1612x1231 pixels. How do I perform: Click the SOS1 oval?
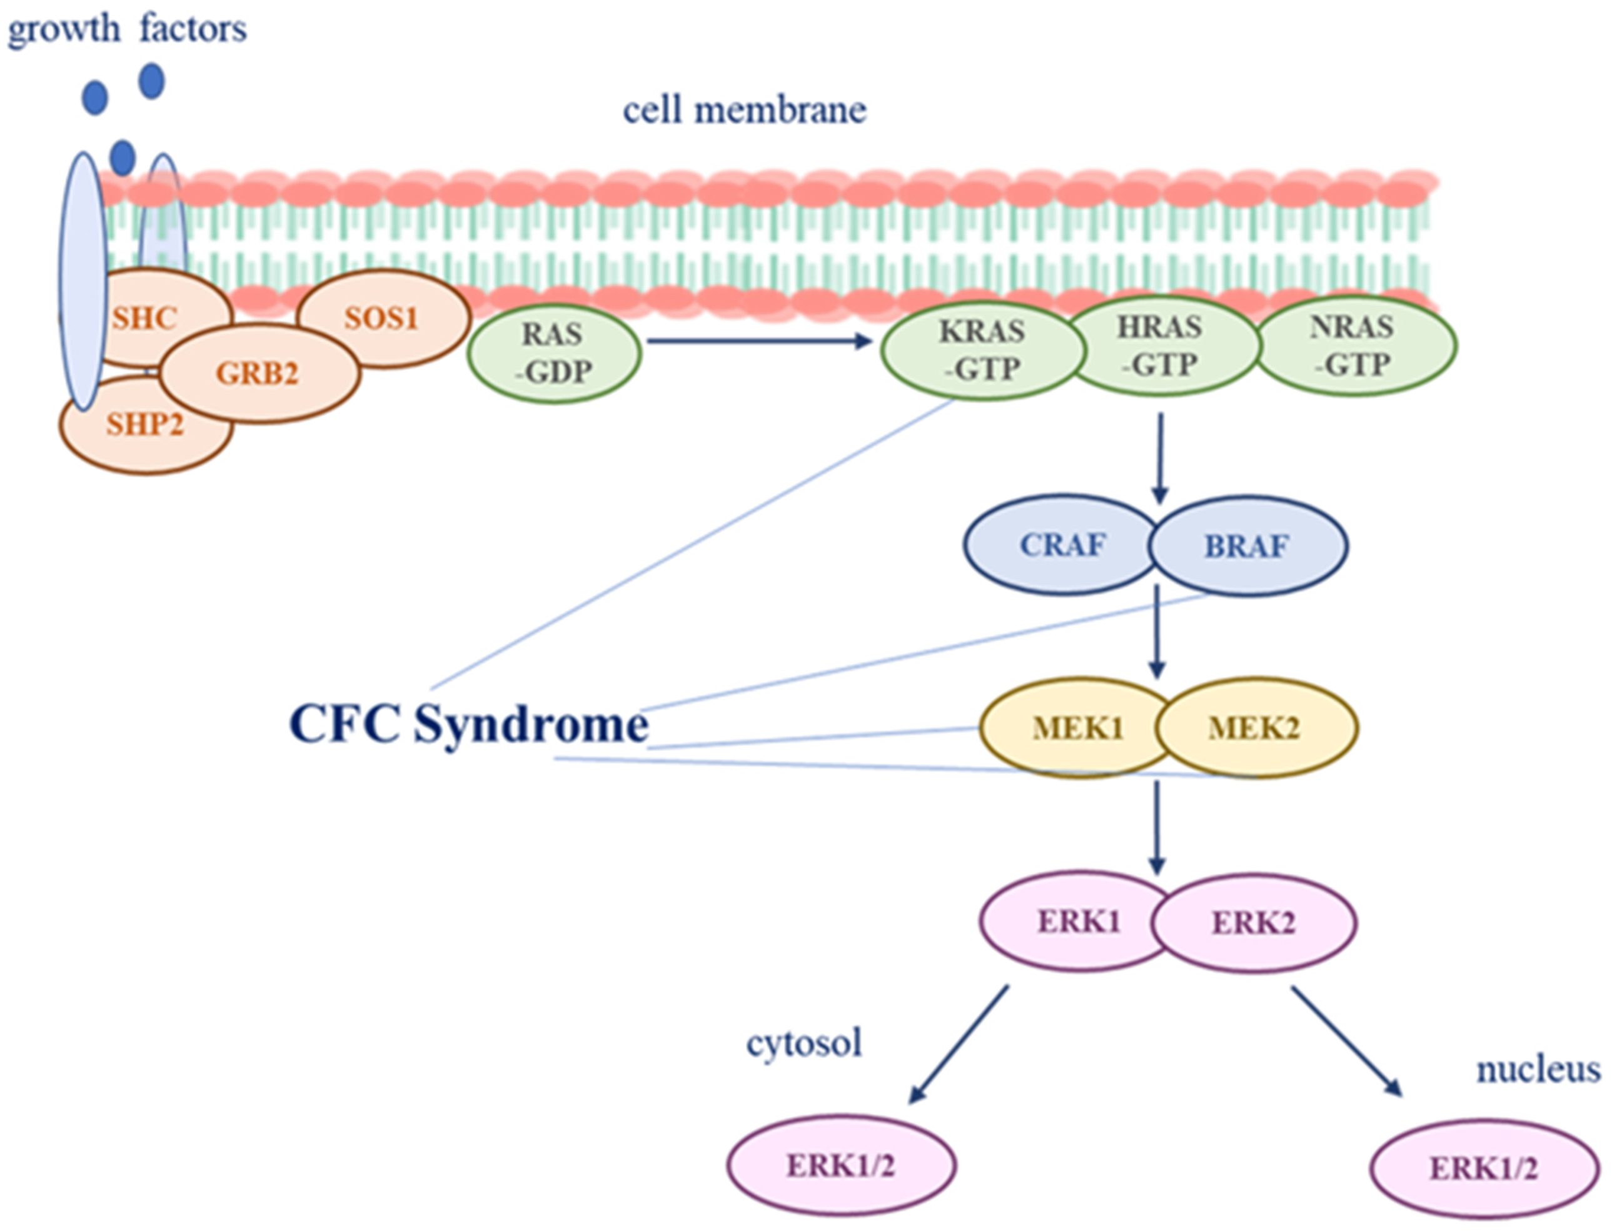(x=383, y=319)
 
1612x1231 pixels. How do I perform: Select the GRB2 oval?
(x=258, y=374)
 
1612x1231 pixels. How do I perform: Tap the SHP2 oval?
(x=145, y=425)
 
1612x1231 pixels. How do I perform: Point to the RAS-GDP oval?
(x=554, y=353)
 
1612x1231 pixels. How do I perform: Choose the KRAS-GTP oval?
(x=982, y=350)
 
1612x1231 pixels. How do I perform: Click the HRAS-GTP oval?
(x=1161, y=346)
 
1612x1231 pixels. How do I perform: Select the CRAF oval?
(x=1061, y=545)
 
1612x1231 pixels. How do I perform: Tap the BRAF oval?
(x=1247, y=546)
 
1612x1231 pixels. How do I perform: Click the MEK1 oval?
(x=1076, y=728)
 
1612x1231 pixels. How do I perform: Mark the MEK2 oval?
(x=1254, y=728)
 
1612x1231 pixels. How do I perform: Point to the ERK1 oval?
(x=1077, y=922)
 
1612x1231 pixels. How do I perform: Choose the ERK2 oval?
(x=1253, y=923)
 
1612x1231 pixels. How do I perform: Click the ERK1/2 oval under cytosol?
(x=840, y=1166)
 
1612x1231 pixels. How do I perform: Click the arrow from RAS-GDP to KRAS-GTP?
(x=758, y=341)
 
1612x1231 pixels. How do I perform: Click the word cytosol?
(x=803, y=1043)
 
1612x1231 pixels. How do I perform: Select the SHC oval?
(x=145, y=319)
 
